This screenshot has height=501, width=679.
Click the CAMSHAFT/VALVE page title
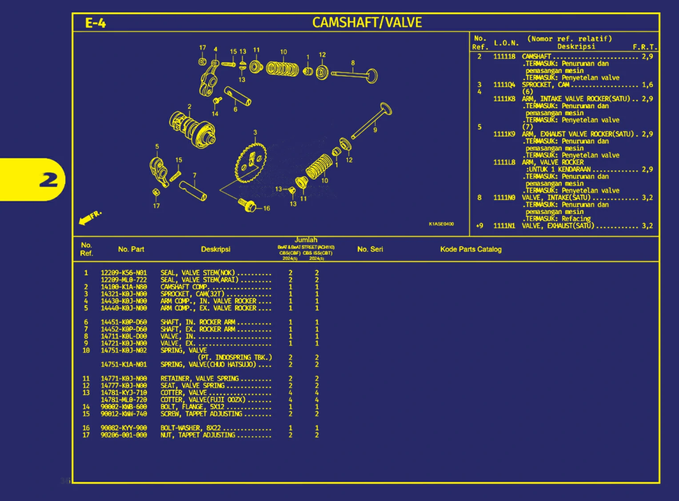coord(367,22)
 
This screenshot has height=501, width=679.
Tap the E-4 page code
coord(96,23)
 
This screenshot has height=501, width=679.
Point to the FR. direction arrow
coord(89,217)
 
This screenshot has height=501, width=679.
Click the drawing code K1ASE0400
coord(441,224)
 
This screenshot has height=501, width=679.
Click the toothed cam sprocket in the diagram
coord(251,163)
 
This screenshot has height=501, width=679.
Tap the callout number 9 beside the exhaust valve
coord(375,130)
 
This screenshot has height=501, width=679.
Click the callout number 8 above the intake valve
coord(353,63)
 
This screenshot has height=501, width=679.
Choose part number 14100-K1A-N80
coord(124,287)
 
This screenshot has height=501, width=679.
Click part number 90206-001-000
coord(124,435)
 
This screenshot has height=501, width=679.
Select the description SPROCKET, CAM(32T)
coord(192,294)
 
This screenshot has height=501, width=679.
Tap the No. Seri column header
coord(370,249)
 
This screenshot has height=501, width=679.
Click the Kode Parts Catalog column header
coord(471,249)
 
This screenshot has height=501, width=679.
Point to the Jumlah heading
coord(306,240)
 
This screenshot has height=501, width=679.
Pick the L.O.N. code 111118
coord(504,56)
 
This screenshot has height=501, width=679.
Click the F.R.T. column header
coord(644,47)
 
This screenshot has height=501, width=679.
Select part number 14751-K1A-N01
coord(124,365)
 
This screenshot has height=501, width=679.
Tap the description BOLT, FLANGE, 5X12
coord(192,407)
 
